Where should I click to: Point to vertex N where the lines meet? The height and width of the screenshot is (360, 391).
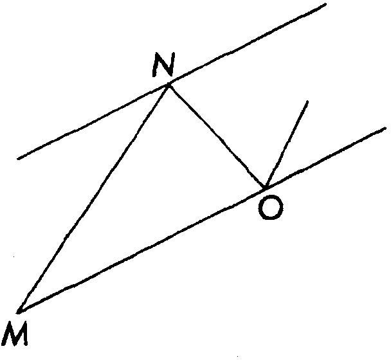[x=169, y=84]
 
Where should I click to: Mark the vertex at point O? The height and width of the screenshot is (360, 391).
[x=264, y=188]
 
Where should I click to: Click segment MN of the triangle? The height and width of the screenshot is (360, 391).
[x=94, y=197]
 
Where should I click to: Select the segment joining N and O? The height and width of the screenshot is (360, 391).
[x=217, y=136]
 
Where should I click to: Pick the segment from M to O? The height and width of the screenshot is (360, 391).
[x=141, y=249]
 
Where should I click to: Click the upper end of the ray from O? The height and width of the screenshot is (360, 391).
[x=308, y=101]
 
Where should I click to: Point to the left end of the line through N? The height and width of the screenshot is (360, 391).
[x=18, y=158]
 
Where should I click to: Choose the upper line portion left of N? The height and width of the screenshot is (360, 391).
[x=93, y=122]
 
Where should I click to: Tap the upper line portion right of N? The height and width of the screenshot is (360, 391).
[x=248, y=45]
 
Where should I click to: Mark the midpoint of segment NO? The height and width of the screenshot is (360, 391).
[x=217, y=136]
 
